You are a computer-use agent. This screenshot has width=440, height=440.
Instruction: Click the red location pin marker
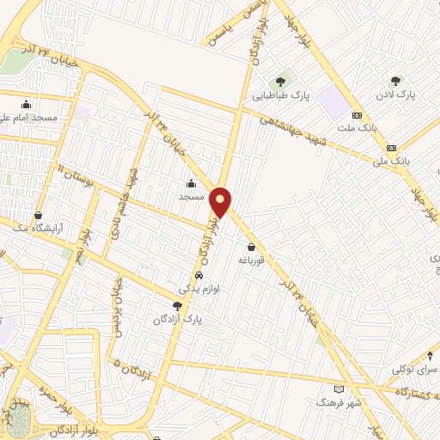click(x=222, y=201)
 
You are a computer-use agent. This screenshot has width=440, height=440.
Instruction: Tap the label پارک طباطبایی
click(x=282, y=96)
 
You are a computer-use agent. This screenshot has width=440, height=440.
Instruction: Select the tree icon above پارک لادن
click(x=395, y=81)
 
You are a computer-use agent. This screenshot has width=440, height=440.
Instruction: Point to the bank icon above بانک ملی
click(x=392, y=146)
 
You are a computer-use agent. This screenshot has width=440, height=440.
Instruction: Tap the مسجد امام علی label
click(x=33, y=117)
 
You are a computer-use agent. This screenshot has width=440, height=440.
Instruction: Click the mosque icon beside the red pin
click(x=191, y=182)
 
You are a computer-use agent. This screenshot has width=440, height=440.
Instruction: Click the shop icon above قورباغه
click(x=251, y=247)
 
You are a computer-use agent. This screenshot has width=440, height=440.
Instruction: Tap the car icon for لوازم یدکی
click(x=199, y=276)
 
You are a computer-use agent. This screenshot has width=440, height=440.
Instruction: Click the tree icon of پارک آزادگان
click(x=177, y=305)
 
